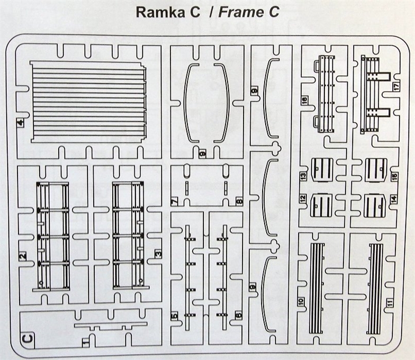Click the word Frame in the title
tap(241, 13)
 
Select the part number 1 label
tap(86, 343)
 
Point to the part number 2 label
tap(22, 257)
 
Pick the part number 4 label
tap(20, 124)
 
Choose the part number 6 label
tap(239, 316)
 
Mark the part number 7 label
tap(175, 202)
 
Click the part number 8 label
tap(239, 202)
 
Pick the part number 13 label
tap(303, 176)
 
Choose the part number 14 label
tap(393, 199)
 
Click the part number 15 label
tap(393, 177)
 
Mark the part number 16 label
tap(304, 101)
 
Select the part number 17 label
tap(396, 88)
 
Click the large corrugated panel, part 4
tap(88, 102)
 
